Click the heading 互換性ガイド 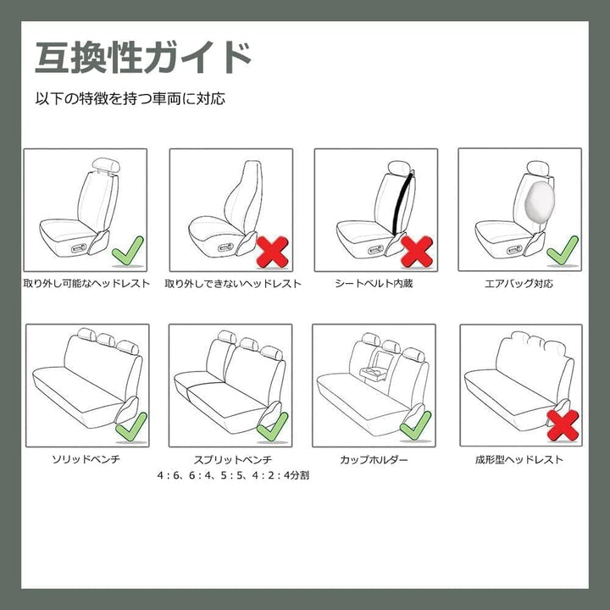143,58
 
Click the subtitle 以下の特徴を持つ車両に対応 130,98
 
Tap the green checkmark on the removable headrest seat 128,251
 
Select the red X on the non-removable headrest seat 272,252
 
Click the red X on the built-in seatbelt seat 417,252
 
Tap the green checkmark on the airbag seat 563,251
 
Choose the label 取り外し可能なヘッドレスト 86,283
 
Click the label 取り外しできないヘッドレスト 233,284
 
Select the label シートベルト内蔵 374,283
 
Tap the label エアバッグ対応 518,283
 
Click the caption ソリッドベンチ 86,459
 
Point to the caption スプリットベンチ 233,459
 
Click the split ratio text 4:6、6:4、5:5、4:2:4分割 233,475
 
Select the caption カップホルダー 374,460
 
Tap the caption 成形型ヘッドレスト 519,459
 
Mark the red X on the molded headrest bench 563,425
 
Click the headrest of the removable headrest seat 106,165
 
